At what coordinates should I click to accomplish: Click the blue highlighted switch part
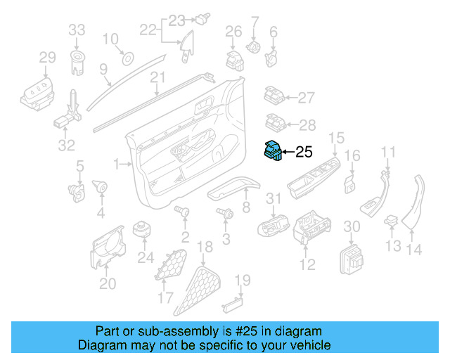[273, 151]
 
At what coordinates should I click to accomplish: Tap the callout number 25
[303, 151]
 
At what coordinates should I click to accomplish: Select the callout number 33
[77, 30]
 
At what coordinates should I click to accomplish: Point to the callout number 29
[46, 57]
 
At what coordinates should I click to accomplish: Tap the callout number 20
[107, 283]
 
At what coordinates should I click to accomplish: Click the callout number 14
[415, 248]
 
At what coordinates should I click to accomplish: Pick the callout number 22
[148, 30]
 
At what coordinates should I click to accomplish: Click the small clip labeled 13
[391, 223]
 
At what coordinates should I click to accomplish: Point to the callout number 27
[307, 98]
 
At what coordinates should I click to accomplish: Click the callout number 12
[307, 265]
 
